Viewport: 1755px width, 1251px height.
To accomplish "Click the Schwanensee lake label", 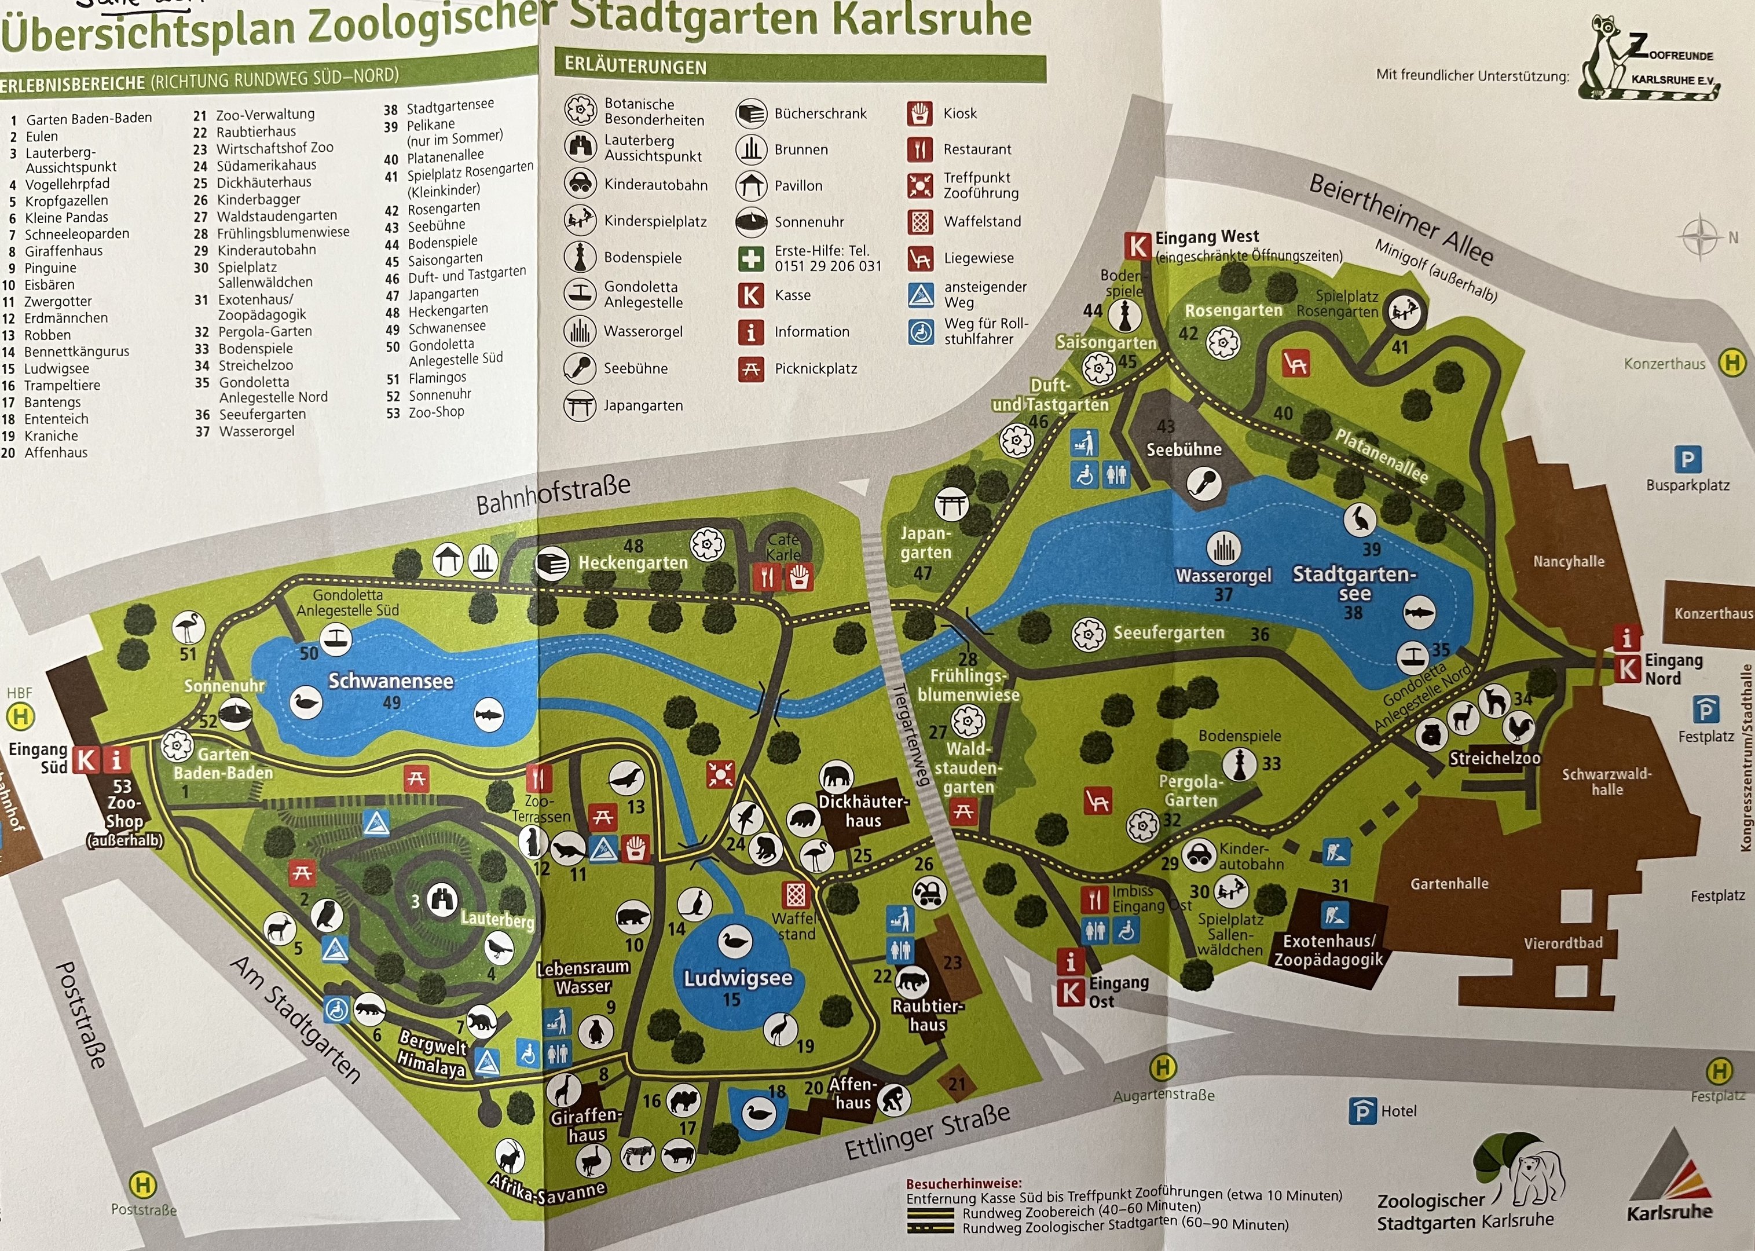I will [390, 681].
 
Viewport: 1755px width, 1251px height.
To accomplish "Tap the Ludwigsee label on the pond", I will [738, 978].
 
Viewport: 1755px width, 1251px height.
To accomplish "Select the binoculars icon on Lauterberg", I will [442, 899].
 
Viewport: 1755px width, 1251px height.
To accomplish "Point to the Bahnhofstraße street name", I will [553, 494].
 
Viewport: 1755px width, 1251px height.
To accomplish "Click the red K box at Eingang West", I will [1137, 246].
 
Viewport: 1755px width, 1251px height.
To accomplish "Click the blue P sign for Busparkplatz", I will [1687, 460].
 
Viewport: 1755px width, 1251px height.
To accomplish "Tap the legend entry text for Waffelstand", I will [982, 222].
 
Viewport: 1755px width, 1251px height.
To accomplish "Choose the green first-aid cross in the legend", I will [751, 259].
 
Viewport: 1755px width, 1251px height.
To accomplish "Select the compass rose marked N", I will [1699, 236].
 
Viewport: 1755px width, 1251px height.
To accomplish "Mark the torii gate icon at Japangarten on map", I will [952, 504].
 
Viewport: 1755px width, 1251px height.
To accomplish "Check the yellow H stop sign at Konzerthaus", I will [1732, 362].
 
